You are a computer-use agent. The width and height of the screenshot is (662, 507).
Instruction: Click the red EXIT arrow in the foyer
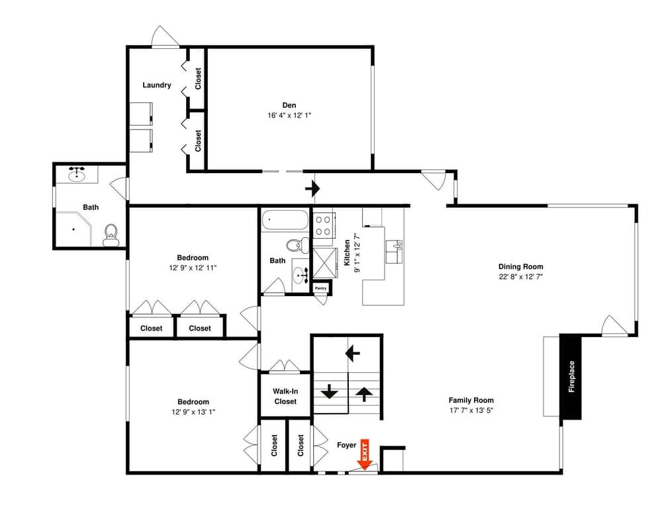364,455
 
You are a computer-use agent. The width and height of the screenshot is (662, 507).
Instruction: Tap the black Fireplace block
571,377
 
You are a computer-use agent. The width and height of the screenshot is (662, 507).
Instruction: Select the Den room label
289,105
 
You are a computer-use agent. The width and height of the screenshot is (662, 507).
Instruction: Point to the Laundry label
157,85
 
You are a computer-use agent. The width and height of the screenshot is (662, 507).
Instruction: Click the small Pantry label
321,288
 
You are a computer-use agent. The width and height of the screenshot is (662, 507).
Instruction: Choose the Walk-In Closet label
285,396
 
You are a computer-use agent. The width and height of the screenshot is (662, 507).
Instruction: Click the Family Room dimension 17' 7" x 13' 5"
471,411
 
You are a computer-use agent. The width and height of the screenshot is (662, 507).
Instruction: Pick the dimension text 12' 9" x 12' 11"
193,268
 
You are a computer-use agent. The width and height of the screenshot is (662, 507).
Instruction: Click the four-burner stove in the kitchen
323,226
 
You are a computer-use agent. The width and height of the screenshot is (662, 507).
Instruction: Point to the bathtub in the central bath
285,221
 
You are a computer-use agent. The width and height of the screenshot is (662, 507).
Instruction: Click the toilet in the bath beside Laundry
111,233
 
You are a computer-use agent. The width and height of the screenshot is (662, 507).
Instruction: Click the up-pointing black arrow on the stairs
363,394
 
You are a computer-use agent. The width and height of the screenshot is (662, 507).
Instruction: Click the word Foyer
346,446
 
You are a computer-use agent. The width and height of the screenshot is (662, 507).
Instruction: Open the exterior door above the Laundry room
165,37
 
